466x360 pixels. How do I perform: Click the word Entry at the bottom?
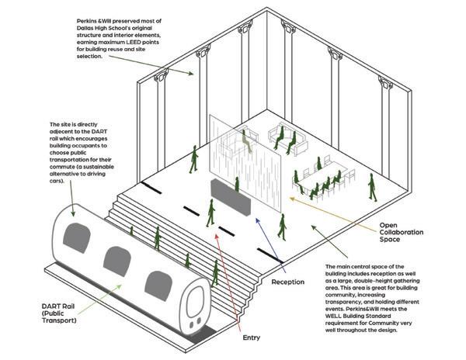coord(252,337)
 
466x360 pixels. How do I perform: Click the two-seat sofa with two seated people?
coord(281,140)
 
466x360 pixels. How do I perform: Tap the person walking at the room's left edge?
coord(194,159)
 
